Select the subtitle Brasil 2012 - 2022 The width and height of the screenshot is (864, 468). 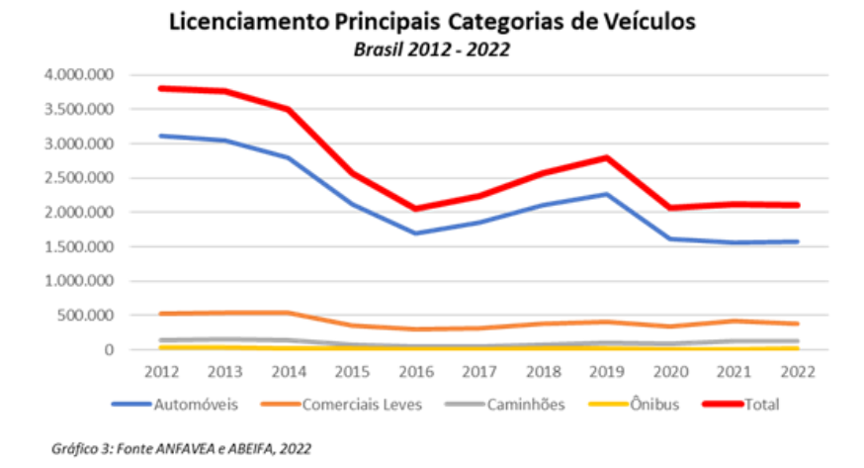point(432,48)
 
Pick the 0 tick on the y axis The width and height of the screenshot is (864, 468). point(109,350)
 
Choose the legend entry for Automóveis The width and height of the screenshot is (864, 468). point(189,404)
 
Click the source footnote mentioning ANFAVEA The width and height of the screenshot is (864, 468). point(180,448)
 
